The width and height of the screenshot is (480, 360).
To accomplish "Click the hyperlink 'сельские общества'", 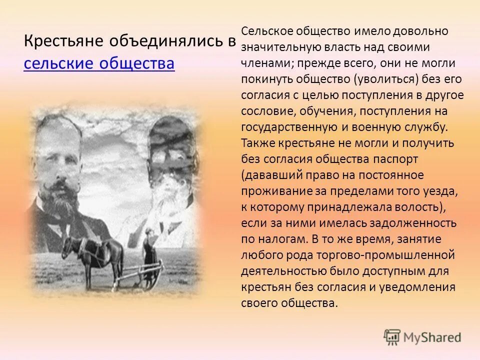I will pos(99,64).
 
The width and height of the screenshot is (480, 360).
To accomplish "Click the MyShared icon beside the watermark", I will pos(392,337).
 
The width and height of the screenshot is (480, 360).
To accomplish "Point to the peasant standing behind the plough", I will pos(148,255).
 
